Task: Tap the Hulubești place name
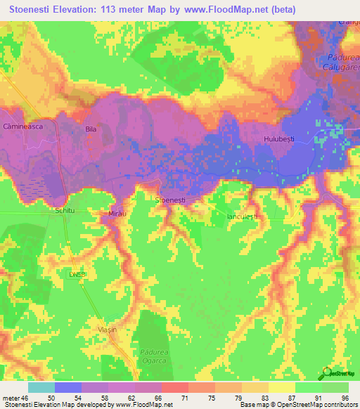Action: point(278,139)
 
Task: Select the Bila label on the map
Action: point(90,129)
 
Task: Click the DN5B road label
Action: point(79,273)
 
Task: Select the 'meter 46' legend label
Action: point(14,398)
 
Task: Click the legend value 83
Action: point(257,398)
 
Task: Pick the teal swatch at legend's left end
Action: point(41,387)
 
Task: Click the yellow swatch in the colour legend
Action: point(281,387)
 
